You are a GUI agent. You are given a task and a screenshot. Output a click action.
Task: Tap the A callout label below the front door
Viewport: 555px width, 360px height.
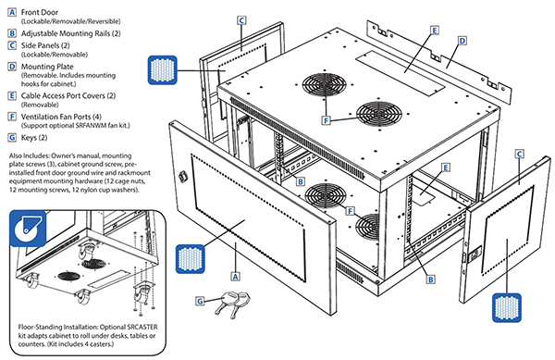[x=236, y=276]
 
